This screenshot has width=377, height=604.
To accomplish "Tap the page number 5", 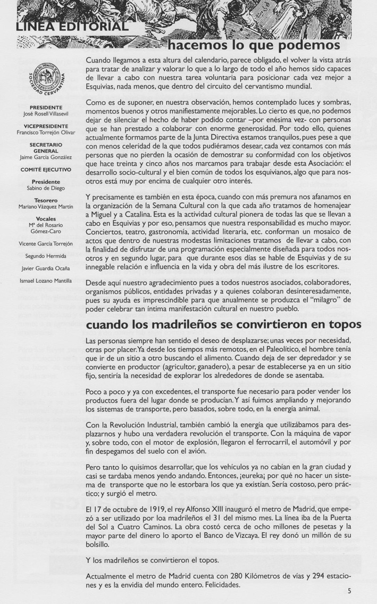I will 349,590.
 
